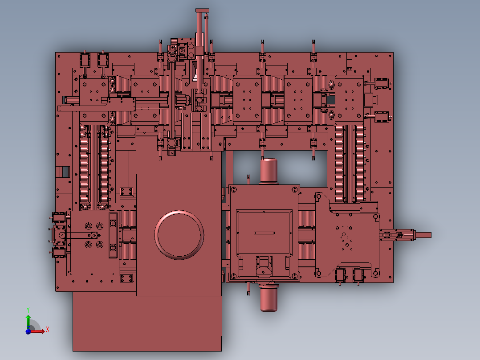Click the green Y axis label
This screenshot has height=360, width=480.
point(28,310)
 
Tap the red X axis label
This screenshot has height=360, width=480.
point(48,330)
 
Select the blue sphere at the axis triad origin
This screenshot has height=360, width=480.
point(28,331)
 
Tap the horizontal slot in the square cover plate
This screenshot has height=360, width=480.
point(264,233)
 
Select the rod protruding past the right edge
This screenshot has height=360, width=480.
point(423,235)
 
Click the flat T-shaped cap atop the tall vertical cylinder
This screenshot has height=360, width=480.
point(202,11)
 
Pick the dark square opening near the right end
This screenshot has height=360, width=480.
point(330,100)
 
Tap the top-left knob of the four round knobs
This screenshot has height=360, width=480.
point(89,226)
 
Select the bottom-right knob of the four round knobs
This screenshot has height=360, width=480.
point(99,245)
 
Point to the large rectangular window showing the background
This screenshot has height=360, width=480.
point(280,168)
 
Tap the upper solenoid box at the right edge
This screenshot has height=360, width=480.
point(382,84)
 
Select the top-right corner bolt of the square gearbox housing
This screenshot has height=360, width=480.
point(295,190)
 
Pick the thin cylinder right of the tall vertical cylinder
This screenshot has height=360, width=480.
point(206,34)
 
